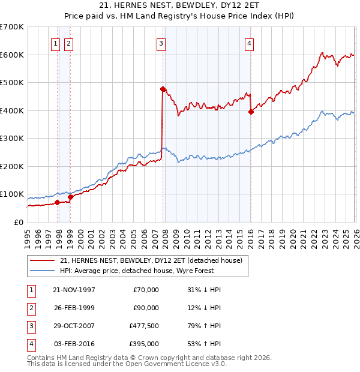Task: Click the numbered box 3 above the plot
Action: click(161, 43)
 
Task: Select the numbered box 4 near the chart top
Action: click(248, 43)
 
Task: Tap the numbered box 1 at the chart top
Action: click(55, 43)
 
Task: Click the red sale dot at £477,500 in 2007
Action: click(163, 89)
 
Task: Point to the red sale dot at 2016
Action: click(251, 112)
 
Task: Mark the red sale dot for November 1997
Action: click(58, 202)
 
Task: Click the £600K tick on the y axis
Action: click(12, 55)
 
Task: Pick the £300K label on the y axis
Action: click(12, 139)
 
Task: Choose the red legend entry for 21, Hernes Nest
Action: click(151, 260)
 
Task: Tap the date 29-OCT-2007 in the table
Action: click(74, 326)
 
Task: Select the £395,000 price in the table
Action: click(143, 344)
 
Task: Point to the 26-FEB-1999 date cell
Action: click(74, 308)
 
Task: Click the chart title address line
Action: click(180, 6)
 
